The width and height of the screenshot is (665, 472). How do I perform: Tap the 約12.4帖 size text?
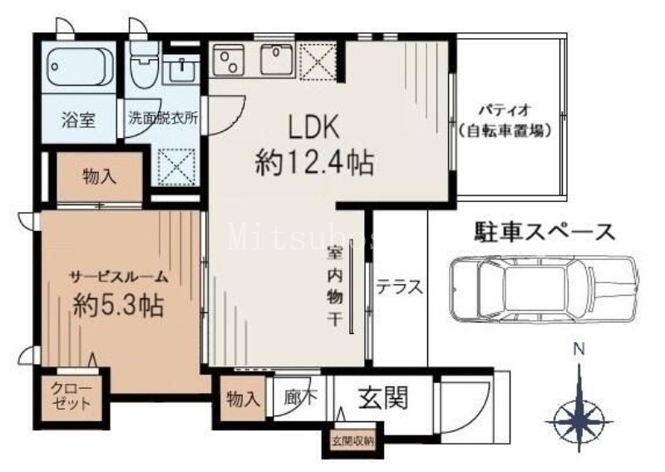coord(313,161)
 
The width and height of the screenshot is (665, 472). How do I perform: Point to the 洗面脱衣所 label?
coord(163,118)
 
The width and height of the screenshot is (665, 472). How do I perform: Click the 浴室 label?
coord(80,118)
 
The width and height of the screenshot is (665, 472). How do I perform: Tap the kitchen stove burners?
coord(226,60)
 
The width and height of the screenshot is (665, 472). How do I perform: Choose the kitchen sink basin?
coord(274,59)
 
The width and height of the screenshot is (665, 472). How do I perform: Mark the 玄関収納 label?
coord(352,440)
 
